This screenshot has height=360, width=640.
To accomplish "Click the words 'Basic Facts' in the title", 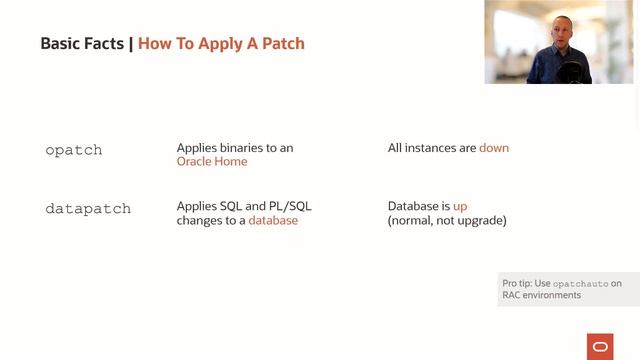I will coord(82,44).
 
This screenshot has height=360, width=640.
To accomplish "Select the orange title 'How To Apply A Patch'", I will coord(221,44).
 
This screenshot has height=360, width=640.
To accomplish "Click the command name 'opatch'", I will coord(74,150).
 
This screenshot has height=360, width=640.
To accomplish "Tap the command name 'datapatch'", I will coord(88,209).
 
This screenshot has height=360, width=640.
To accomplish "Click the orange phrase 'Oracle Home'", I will coord(212,161).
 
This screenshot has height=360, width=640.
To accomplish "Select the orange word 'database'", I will coord(273,220).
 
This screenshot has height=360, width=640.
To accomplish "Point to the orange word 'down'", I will coord(494,148).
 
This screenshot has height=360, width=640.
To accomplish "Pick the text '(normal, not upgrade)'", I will coord(447,220).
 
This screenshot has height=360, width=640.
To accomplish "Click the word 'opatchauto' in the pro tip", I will coord(580,284).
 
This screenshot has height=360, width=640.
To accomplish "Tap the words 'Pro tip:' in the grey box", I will coord(519,284).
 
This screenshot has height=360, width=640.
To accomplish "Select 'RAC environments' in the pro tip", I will coord(541,295).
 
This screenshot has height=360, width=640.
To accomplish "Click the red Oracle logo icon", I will coord(600,347).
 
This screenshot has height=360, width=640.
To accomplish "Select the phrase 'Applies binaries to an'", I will coord(235,148).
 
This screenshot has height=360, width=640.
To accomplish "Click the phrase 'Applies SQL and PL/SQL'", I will coord(244,206).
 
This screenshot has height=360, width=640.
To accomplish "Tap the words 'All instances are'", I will coord(432,148).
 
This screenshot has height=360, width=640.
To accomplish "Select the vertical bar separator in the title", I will coord(131,44).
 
